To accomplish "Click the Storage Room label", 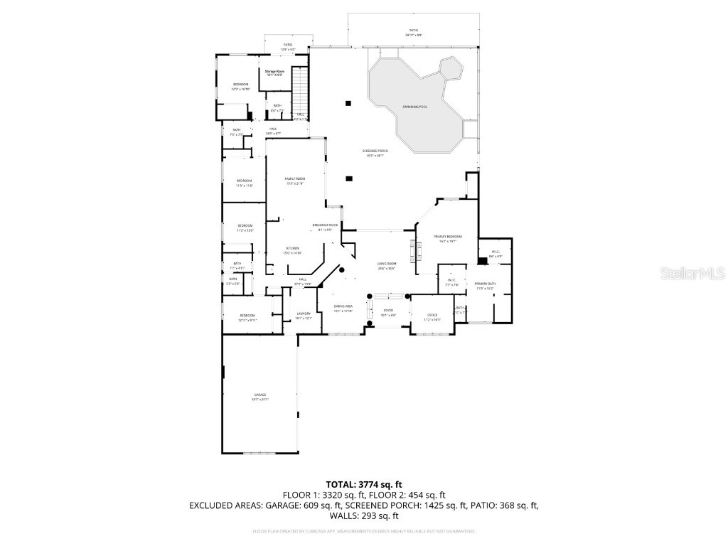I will [x=274, y=73].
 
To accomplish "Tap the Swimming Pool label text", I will [x=414, y=107].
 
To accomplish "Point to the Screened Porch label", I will [x=375, y=153].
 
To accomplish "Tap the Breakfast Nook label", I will [x=325, y=227].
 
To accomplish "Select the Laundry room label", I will [x=304, y=316].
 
